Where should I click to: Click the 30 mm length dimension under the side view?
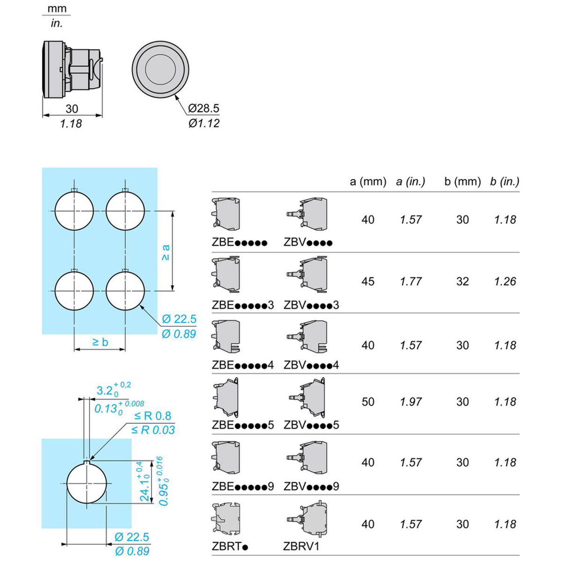pos(72,109)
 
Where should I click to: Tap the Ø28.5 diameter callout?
pos(203,108)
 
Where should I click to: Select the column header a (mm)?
pos(368,181)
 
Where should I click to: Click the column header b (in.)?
pos(505,181)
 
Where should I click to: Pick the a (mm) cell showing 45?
pos(368,281)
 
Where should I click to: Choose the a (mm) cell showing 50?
pos(368,402)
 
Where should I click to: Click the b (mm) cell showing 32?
pos(462,281)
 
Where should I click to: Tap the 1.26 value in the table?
pos(505,281)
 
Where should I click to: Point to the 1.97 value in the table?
pos(411,402)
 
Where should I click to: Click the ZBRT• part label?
pos(230,546)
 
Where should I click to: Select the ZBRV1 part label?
pos(302,546)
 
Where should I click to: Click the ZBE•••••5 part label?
pos(243,425)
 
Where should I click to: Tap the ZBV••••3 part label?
pos(311,305)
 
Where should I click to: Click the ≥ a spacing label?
pos(165,252)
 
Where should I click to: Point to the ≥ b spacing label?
pos(100,342)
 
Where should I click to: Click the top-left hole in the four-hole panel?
pos(74,211)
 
